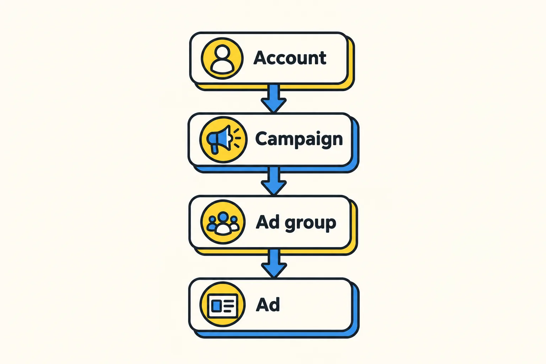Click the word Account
tap(290, 58)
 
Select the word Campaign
tap(299, 139)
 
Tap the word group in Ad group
tap(310, 224)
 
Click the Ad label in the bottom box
tap(268, 304)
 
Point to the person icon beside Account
tap(222, 58)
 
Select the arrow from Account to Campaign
tap(274, 98)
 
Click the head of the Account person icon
tap(222, 52)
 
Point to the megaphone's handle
tap(214, 149)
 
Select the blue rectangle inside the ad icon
tap(216, 306)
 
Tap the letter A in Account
tap(260, 58)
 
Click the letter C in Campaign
tap(262, 139)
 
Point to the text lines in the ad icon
tap(229, 306)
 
